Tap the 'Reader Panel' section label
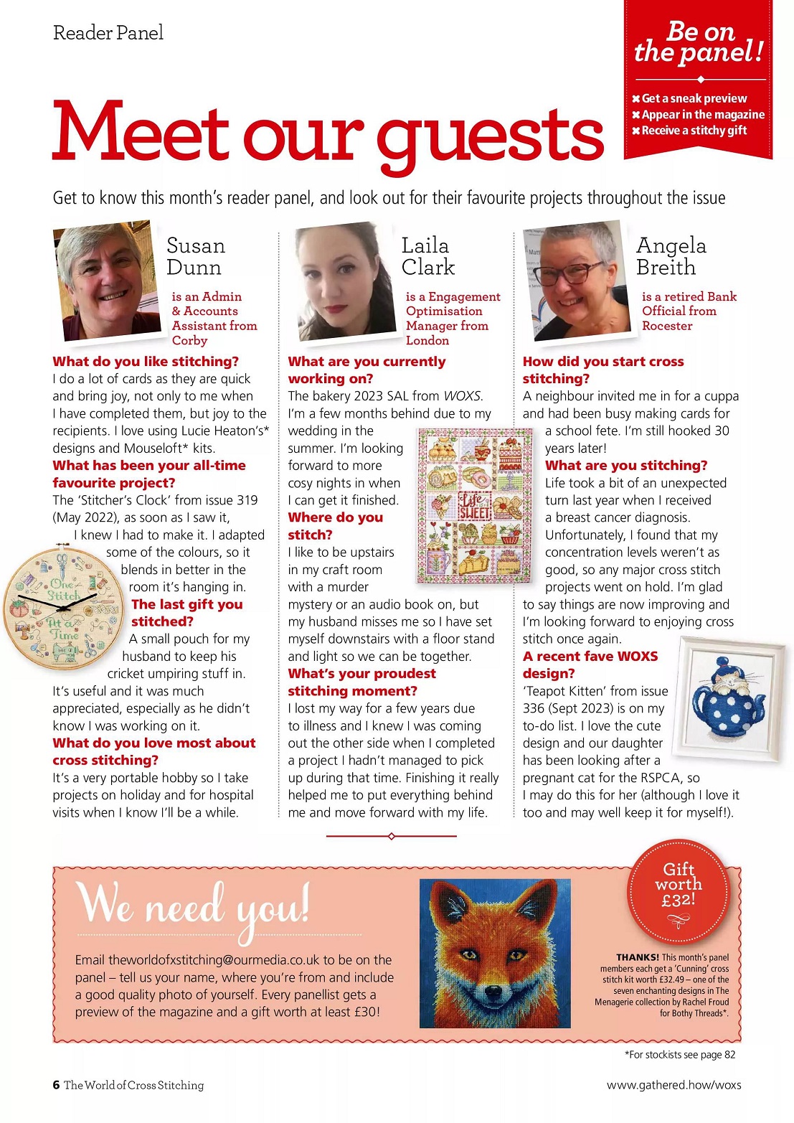tap(108, 33)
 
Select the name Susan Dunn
tap(195, 256)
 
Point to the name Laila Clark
tap(427, 256)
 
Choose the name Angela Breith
tap(671, 256)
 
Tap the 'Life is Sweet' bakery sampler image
tap(475, 506)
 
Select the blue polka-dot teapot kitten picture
tap(730, 698)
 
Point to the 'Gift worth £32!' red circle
tap(679, 889)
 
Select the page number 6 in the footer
tap(56, 1085)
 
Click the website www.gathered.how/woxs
tap(674, 1085)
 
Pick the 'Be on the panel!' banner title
tap(699, 42)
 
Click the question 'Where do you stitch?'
tap(335, 526)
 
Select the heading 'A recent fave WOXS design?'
tap(590, 664)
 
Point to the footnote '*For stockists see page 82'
tap(680, 1055)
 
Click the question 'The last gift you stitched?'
tap(186, 613)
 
